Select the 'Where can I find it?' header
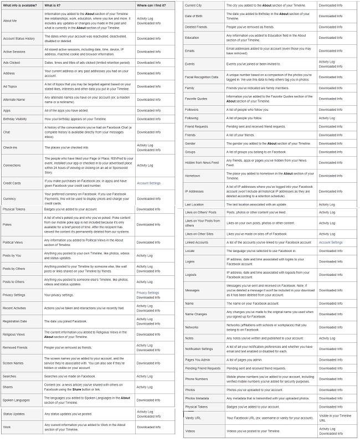[152, 5]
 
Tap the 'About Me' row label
[9, 21]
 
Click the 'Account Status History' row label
[19, 39]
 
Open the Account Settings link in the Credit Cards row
[148, 183]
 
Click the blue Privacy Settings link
[147, 292]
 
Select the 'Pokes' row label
[8, 225]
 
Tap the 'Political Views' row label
[14, 243]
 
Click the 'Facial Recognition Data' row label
[200, 78]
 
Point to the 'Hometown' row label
[193, 177]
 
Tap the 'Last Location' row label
[194, 205]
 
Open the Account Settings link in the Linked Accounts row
[331, 242]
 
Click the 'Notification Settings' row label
[199, 348]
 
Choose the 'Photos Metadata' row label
[197, 398]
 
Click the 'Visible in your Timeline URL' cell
[335, 418]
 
